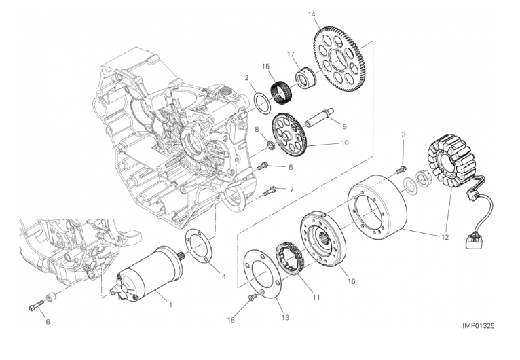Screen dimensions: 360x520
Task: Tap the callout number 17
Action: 290,54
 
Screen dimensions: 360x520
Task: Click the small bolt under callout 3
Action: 402,168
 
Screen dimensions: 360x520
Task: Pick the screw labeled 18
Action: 253,298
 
